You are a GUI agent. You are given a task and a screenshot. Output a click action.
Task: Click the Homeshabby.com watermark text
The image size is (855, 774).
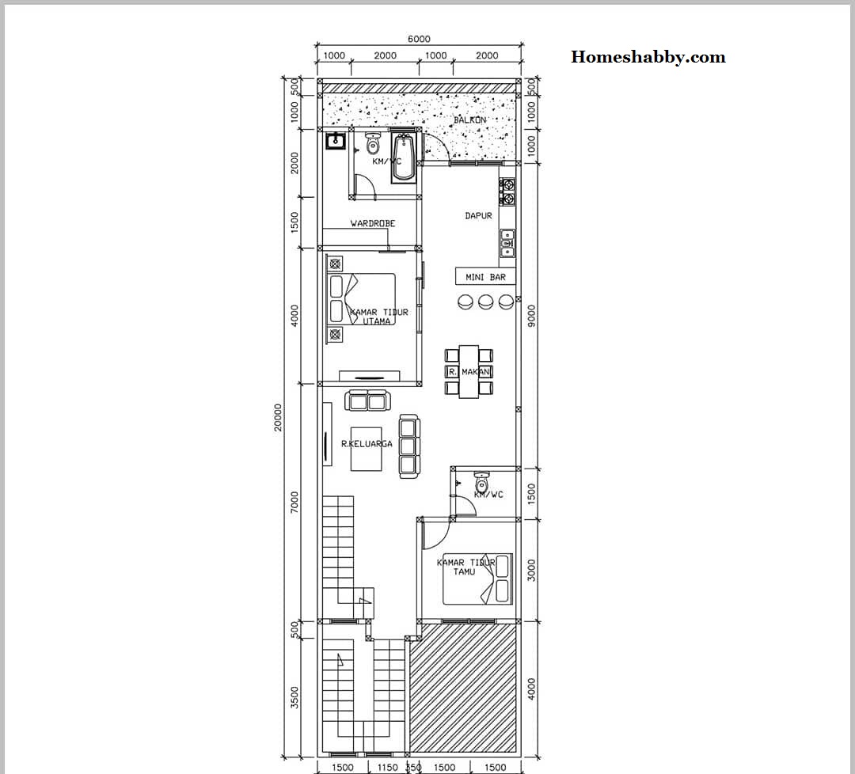(648, 57)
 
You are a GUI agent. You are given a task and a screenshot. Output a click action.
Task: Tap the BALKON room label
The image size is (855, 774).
(470, 120)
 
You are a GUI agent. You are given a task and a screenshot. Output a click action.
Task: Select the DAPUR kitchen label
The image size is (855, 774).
(478, 215)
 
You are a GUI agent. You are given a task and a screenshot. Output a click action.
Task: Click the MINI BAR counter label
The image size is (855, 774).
(485, 277)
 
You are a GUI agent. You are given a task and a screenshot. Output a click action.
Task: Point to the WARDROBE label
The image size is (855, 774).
(372, 224)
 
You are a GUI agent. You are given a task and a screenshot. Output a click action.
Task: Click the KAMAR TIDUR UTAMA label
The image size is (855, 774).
(379, 317)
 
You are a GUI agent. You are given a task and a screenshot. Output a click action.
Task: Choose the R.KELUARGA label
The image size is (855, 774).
(367, 444)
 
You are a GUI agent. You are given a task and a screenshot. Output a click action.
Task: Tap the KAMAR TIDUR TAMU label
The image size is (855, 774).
(465, 567)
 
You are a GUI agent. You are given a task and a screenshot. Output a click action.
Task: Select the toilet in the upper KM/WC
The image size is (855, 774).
(373, 145)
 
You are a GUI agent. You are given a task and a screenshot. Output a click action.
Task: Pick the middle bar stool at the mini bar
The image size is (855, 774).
(485, 302)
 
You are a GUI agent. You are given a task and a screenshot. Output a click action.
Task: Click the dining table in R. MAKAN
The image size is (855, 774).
(469, 371)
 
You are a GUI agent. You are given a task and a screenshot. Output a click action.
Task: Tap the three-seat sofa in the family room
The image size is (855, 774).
(408, 446)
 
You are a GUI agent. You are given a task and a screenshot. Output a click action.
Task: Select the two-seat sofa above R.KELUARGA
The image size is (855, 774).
(367, 400)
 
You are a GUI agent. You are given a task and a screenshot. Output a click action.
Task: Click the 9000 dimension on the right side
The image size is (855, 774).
(531, 315)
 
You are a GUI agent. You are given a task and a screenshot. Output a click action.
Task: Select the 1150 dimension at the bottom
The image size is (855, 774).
(387, 767)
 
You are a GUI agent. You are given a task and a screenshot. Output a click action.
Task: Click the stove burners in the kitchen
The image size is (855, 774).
(507, 192)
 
